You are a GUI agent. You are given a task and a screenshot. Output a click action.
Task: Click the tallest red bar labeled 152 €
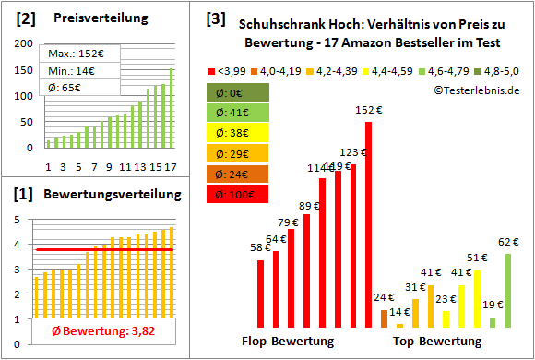click(x=369, y=224)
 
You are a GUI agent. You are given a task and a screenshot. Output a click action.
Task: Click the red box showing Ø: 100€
click(x=237, y=194)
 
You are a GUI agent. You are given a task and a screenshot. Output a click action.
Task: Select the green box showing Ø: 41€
click(x=237, y=112)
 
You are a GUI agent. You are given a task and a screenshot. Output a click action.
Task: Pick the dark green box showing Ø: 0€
click(x=237, y=91)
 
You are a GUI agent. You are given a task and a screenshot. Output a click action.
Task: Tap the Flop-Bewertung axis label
click(x=288, y=342)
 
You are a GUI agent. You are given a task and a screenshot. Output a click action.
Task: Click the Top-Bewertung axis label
click(x=437, y=342)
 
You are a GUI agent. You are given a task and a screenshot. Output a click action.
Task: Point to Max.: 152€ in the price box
click(x=71, y=54)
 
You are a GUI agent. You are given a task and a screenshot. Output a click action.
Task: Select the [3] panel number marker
click(x=215, y=18)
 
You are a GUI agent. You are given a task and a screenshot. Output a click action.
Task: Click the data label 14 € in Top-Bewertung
click(x=399, y=312)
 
